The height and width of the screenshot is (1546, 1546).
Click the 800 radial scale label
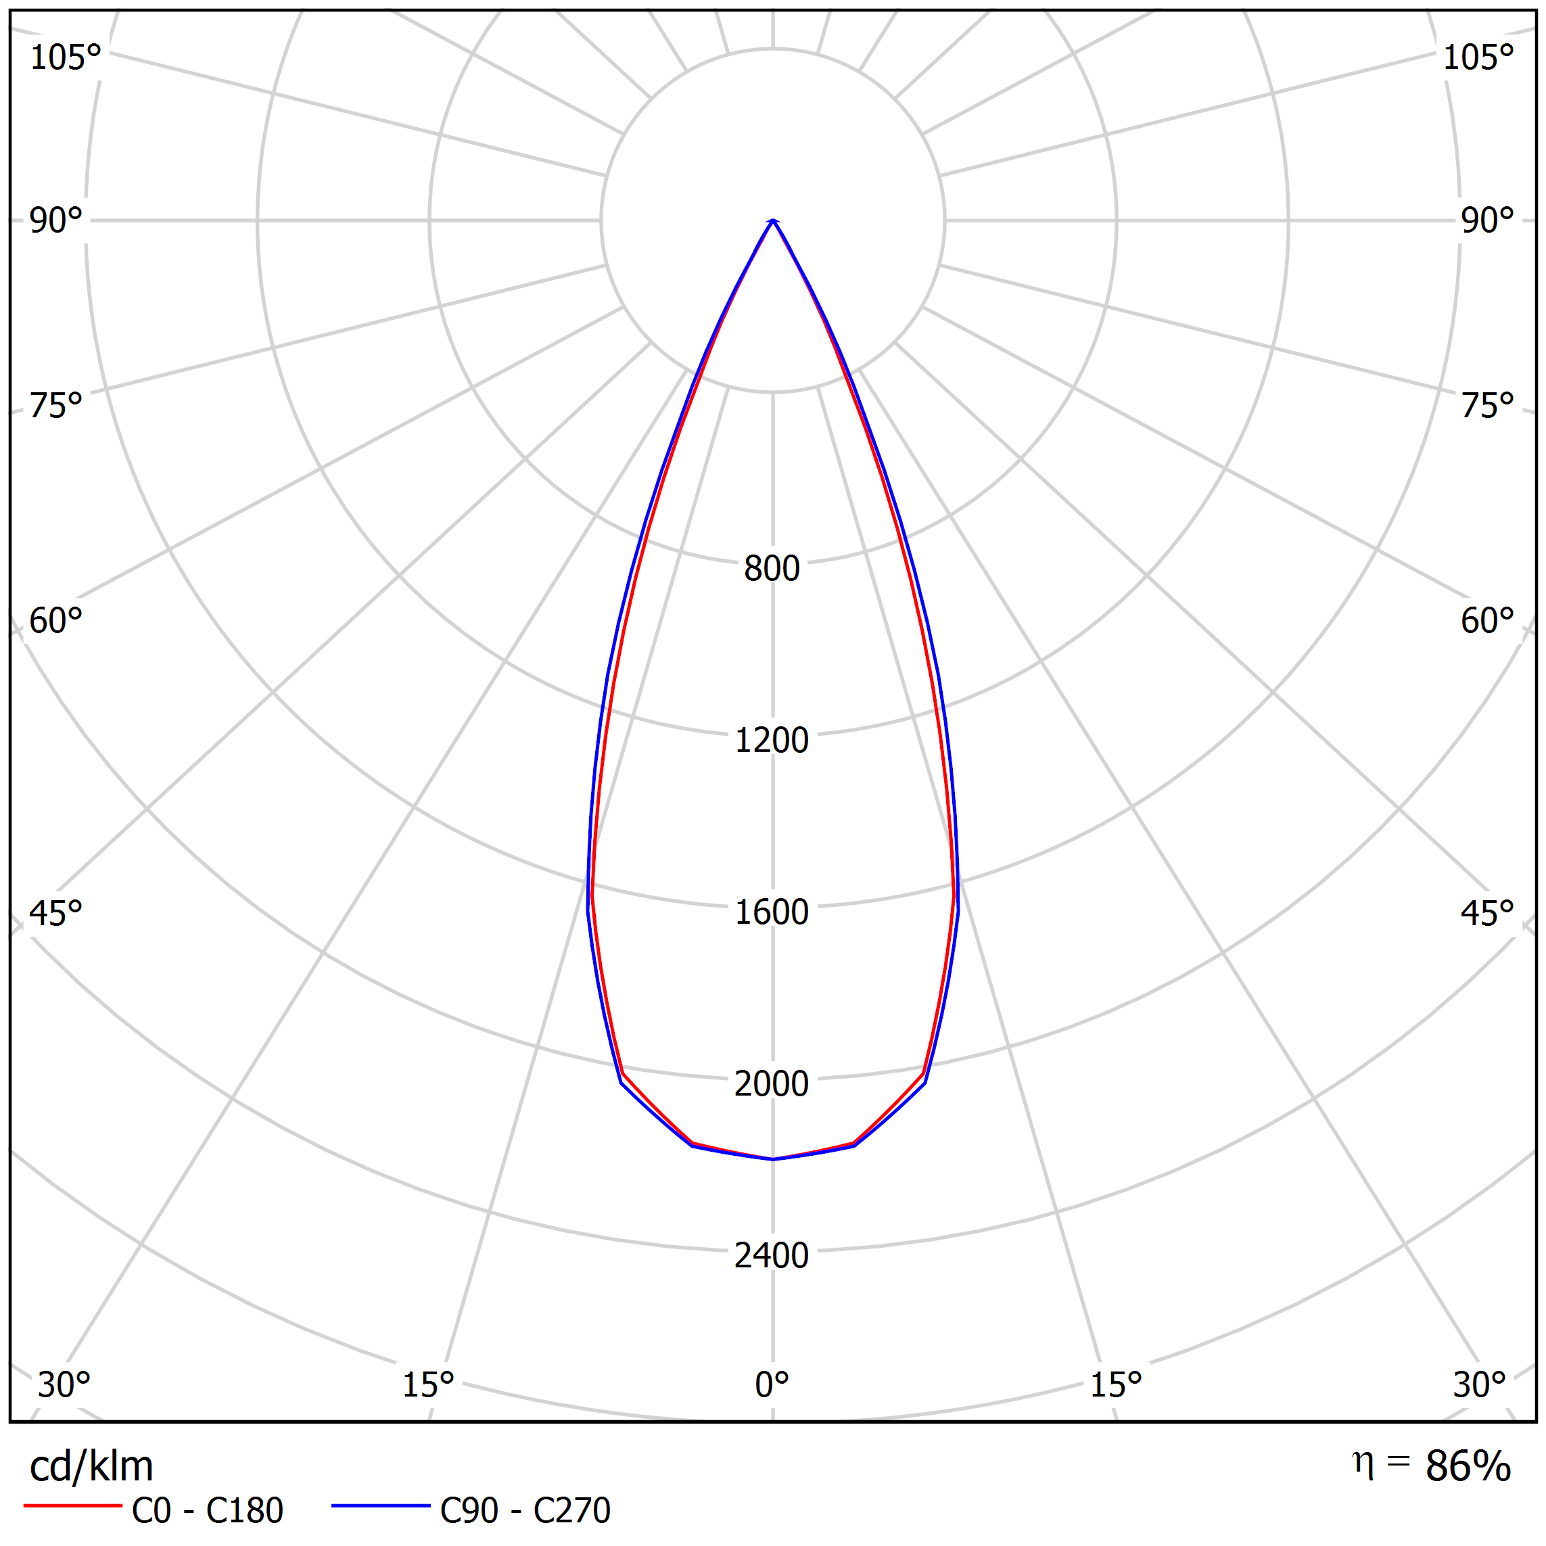tap(772, 569)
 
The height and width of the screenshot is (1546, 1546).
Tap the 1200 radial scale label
tap(772, 740)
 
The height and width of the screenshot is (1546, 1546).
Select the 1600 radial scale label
tap(772, 912)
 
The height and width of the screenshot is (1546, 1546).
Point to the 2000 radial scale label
tap(772, 1083)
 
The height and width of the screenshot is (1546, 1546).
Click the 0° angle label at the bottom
tap(772, 1384)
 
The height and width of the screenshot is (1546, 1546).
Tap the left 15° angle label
tap(428, 1384)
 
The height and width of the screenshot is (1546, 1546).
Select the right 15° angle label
tap(1117, 1384)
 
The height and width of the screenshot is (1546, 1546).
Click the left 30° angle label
tap(64, 1384)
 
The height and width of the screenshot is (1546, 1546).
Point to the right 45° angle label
tap(1486, 913)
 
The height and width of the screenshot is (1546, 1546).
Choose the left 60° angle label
tap(56, 621)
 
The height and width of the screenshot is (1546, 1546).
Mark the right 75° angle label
tap(1486, 406)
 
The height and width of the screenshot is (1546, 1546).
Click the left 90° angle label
tap(56, 221)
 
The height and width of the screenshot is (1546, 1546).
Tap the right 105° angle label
tap(1478, 57)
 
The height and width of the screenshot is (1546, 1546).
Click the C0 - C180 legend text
tap(207, 1510)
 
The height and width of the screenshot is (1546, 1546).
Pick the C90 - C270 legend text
tap(525, 1510)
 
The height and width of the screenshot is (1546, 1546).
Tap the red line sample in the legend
tap(73, 1506)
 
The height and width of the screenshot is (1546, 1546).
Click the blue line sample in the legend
tap(381, 1506)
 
